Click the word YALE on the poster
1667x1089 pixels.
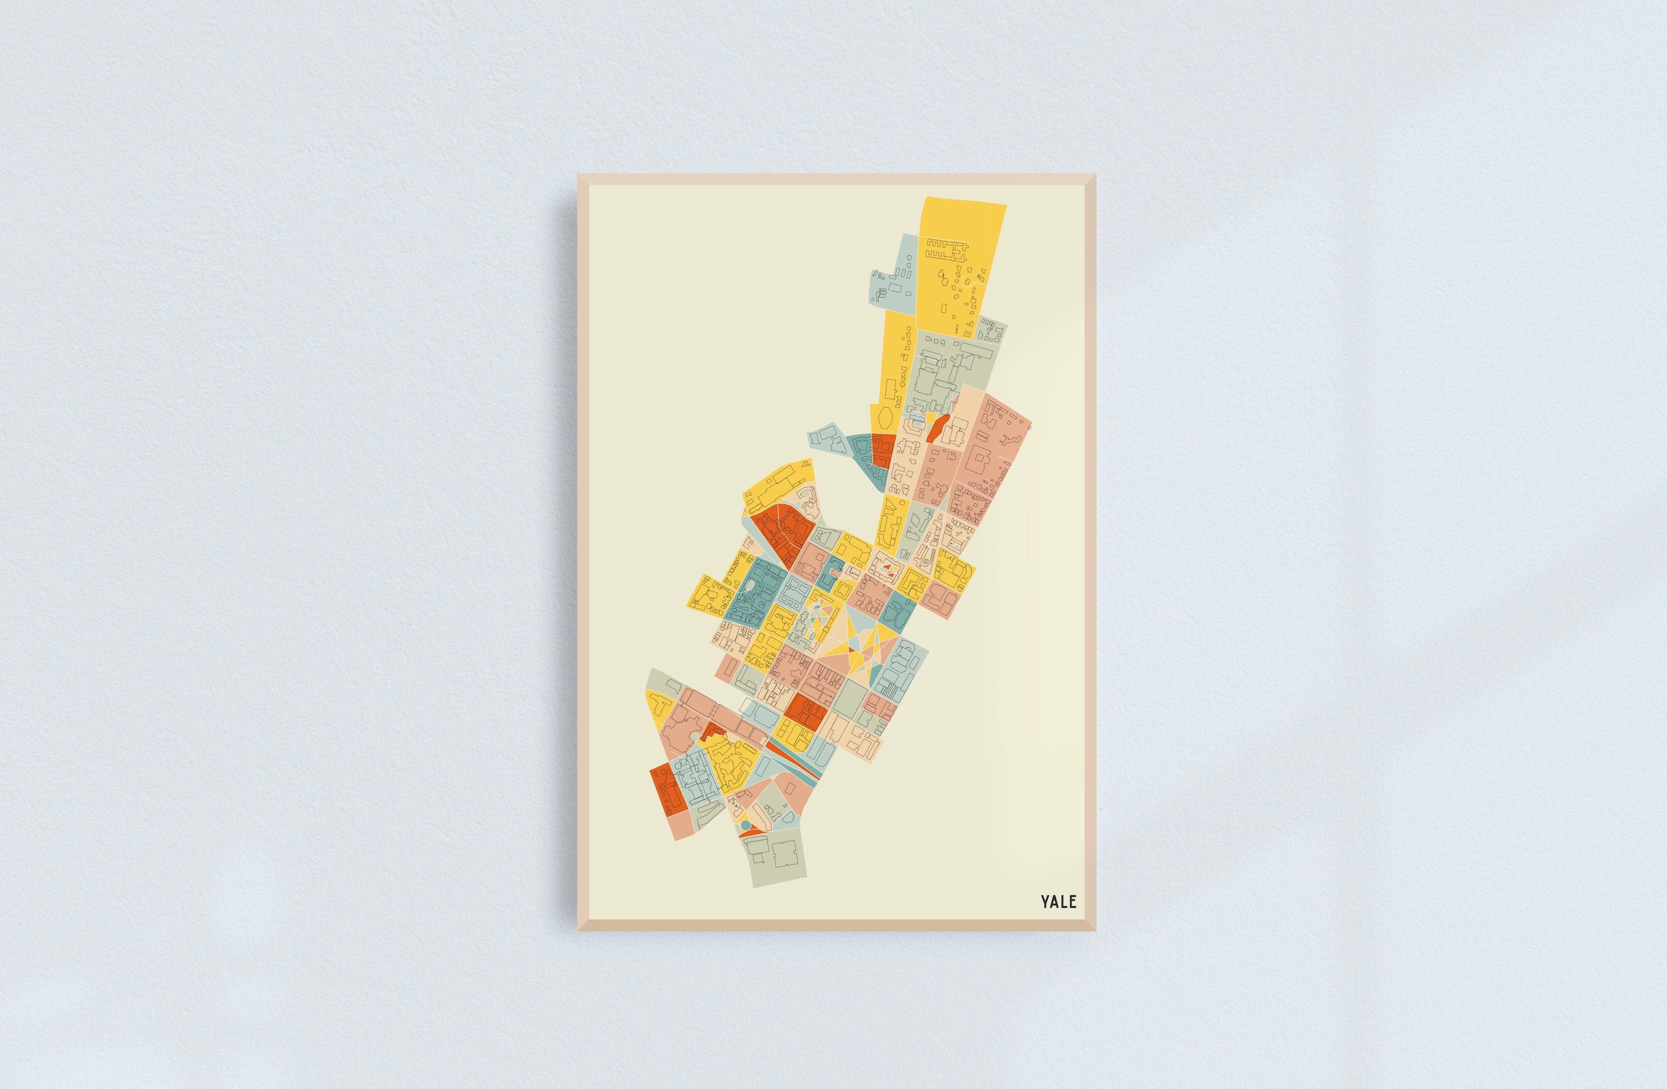[x=1058, y=901]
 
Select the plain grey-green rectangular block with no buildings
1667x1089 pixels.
[x=849, y=697]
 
